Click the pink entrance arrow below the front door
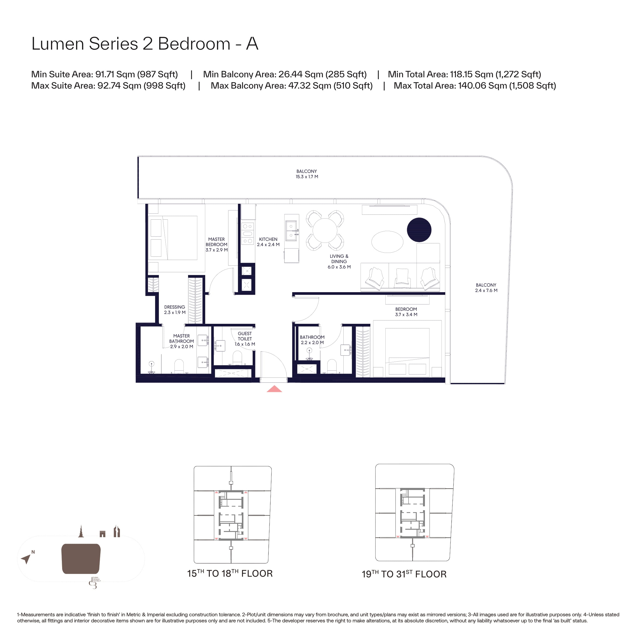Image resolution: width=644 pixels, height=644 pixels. click(274, 389)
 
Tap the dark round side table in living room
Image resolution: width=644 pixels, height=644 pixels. click(419, 230)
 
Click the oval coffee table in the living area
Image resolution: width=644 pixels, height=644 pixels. click(387, 242)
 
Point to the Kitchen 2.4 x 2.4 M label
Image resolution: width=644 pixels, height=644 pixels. click(268, 242)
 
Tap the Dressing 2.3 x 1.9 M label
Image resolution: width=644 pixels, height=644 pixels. click(175, 310)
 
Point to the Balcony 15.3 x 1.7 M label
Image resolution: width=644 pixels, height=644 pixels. click(307, 174)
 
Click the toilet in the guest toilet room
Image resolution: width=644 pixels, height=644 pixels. click(237, 358)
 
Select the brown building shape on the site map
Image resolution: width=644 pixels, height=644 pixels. click(81, 559)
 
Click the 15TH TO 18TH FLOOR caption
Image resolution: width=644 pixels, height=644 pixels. click(230, 573)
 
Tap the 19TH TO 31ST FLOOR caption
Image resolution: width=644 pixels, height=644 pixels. click(404, 574)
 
